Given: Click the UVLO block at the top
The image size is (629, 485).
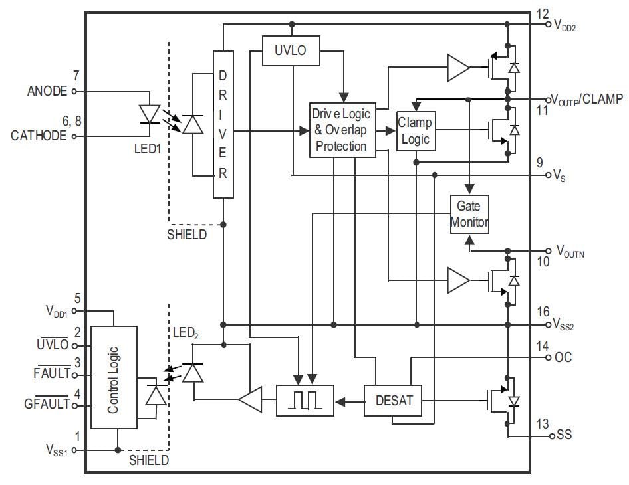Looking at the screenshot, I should (290, 50).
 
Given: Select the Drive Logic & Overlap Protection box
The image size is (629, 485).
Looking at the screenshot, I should (341, 130).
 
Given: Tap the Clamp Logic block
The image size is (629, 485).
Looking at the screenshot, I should (416, 130).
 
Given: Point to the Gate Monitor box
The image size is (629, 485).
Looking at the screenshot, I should (469, 213).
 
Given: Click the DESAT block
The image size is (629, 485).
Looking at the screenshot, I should (394, 401).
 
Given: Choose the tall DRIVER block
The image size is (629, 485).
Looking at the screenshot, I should (223, 124).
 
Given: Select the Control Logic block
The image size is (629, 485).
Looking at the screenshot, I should (114, 379).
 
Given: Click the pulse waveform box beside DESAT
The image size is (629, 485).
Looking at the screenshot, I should (305, 401).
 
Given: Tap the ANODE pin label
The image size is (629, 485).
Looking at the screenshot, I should (47, 92).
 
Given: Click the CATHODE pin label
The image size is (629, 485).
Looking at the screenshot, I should (39, 136).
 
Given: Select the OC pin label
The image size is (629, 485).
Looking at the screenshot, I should (563, 357).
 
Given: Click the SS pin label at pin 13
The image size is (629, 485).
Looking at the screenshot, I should (564, 436).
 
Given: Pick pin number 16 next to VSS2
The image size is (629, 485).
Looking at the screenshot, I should (543, 312).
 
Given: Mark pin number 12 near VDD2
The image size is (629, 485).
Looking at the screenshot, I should (543, 14).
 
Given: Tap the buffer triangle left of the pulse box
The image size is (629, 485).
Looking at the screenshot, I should (249, 400).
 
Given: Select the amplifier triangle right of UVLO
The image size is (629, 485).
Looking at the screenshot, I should (458, 67).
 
